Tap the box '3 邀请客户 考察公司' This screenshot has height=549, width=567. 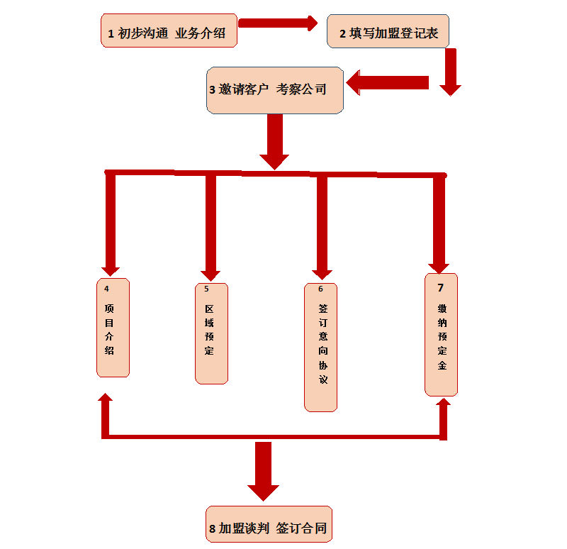[x=275, y=90]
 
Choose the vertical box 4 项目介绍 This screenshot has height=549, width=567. [x=113, y=328]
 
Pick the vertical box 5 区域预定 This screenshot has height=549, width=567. [x=211, y=333]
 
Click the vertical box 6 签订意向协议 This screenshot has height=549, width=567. [x=320, y=347]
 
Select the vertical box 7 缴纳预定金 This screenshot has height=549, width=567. [x=441, y=335]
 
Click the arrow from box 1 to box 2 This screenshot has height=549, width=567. [x=278, y=23]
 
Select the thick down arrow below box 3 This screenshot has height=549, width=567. [x=274, y=142]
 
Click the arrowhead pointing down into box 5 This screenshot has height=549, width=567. [x=210, y=274]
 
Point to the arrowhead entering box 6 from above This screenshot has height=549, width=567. [x=321, y=272]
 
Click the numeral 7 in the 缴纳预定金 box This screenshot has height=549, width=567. [x=440, y=287]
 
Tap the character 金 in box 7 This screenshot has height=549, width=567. [x=442, y=366]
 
